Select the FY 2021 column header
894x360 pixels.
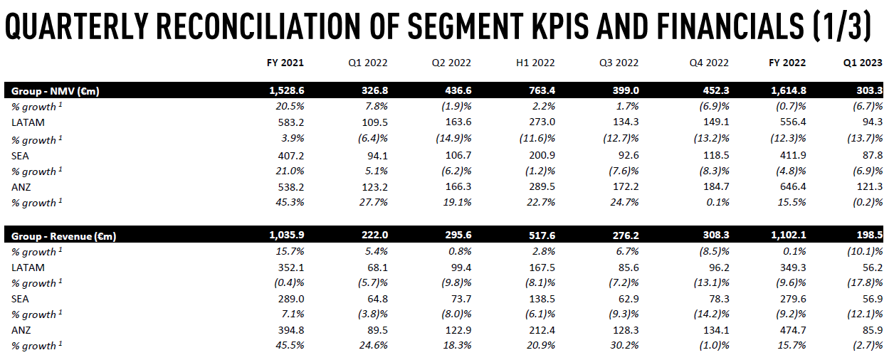click(285, 63)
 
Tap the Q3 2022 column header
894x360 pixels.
click(619, 63)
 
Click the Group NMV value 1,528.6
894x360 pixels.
click(287, 91)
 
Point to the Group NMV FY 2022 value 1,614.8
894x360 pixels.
click(788, 91)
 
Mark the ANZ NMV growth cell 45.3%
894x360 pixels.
click(289, 202)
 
